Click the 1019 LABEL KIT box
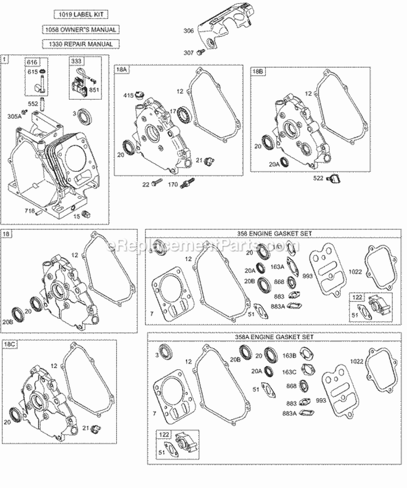point(80,14)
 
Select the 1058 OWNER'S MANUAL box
point(80,29)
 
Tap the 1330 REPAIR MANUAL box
point(80,44)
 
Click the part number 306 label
point(188,31)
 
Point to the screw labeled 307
point(202,53)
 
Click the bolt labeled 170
point(190,183)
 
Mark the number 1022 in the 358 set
point(355,272)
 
